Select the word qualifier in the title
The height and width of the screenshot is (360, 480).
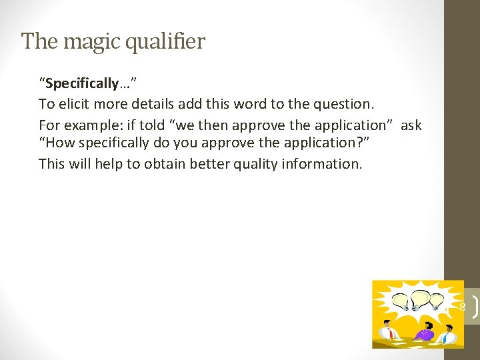pos(169,42)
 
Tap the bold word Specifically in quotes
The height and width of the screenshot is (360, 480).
pos(81,83)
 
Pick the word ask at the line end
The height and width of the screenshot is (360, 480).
pos(411,125)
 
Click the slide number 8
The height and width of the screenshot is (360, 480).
pos(463,307)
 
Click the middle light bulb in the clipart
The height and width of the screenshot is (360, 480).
pos(421,298)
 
